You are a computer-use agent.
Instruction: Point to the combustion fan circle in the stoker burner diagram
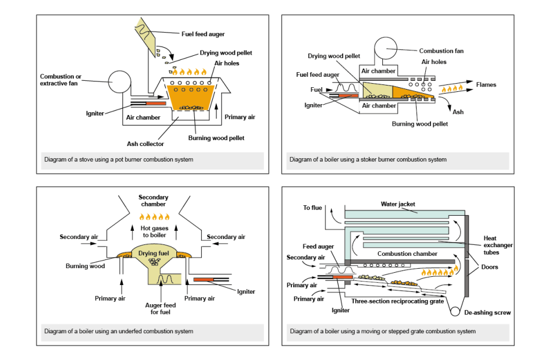pos(385,49)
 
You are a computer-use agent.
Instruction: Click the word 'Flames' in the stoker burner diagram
pos(486,85)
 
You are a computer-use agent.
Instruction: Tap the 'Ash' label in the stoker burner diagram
pos(458,112)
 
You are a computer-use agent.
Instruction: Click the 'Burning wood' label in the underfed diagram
pos(86,266)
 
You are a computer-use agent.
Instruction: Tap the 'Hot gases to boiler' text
pos(154,232)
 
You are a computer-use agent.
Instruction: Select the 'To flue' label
pos(312,208)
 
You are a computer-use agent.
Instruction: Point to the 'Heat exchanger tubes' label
pos(497,245)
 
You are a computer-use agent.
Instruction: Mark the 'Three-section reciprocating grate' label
pos(397,301)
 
